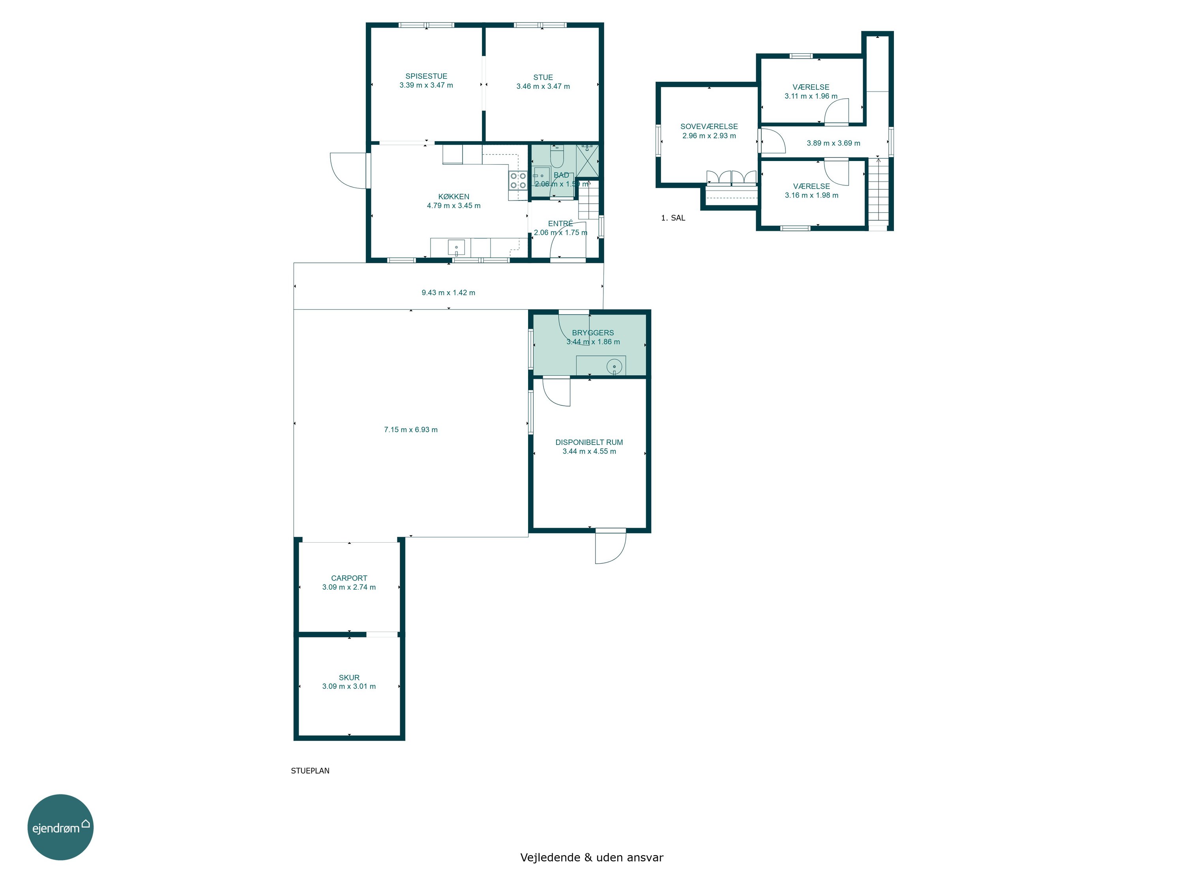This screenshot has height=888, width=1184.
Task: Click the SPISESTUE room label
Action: pyautogui.click(x=426, y=76)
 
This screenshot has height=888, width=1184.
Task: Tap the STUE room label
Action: pyautogui.click(x=543, y=77)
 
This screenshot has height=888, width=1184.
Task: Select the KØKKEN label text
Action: pyautogui.click(x=453, y=197)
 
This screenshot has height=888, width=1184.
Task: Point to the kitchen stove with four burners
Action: pyautogui.click(x=517, y=180)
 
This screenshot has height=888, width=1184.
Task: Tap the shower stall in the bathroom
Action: pyautogui.click(x=587, y=161)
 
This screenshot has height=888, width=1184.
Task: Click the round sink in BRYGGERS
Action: pyautogui.click(x=614, y=367)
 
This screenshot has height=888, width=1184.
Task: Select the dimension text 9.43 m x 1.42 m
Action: pyautogui.click(x=448, y=293)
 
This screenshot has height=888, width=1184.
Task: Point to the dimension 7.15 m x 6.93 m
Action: pyautogui.click(x=410, y=429)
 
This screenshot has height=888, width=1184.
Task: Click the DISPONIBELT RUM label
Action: pyautogui.click(x=589, y=442)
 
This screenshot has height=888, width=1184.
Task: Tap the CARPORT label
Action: pyautogui.click(x=349, y=578)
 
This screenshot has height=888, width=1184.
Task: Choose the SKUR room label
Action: pyautogui.click(x=349, y=677)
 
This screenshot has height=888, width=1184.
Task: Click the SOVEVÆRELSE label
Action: pyautogui.click(x=709, y=126)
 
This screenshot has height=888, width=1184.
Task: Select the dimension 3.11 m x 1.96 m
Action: pyautogui.click(x=811, y=96)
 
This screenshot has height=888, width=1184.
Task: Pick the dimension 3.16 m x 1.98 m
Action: pyautogui.click(x=811, y=195)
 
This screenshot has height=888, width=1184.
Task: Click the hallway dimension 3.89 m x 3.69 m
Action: pyautogui.click(x=834, y=143)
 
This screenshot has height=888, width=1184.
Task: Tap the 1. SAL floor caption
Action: pyautogui.click(x=673, y=218)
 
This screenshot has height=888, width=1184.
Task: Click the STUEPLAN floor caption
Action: pyautogui.click(x=310, y=771)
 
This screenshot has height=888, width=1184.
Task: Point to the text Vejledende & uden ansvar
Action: pyautogui.click(x=592, y=858)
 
